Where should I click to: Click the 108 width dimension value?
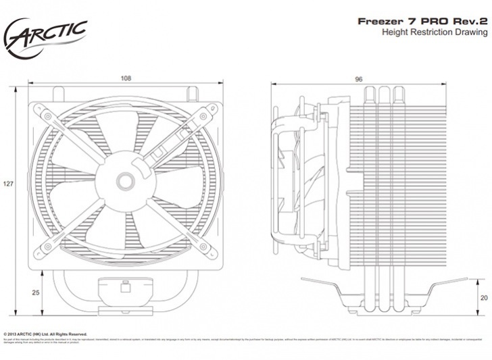[x=125, y=78]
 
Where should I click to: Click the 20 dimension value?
[x=483, y=297]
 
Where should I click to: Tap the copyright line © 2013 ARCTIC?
[x=45, y=334]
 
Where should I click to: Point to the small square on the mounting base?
[x=125, y=288]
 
